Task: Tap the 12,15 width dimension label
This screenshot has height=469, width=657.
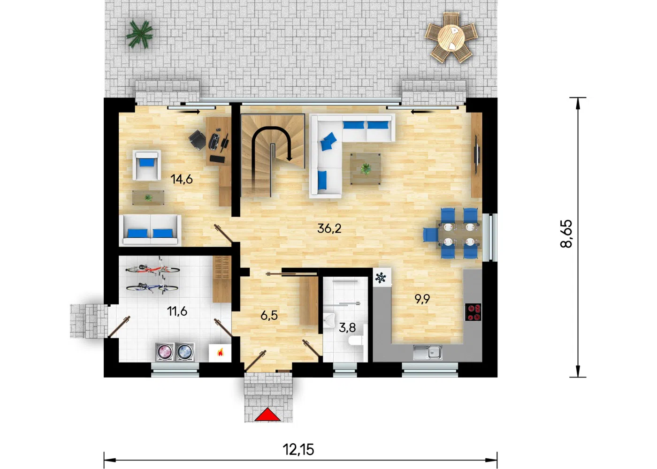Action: tap(298, 449)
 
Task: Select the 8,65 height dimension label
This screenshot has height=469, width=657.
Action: tap(566, 234)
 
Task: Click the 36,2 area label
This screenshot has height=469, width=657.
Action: tap(329, 228)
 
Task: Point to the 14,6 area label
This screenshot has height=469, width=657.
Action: tap(182, 179)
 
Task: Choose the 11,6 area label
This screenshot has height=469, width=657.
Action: tap(177, 311)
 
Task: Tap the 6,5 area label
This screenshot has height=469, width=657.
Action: tap(269, 315)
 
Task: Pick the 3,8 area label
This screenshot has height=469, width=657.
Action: tap(347, 327)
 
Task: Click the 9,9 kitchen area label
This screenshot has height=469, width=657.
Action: tap(422, 299)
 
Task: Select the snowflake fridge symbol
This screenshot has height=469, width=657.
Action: tap(381, 278)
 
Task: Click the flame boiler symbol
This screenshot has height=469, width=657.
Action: tap(220, 352)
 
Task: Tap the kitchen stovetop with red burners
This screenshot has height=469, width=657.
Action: tap(473, 312)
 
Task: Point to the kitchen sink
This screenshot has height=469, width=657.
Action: tap(428, 352)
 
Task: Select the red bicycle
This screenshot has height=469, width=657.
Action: tap(153, 268)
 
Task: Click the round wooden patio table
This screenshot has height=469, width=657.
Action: tap(451, 38)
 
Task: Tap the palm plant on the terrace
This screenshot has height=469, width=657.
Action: tap(139, 34)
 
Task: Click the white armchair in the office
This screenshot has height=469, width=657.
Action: tap(146, 165)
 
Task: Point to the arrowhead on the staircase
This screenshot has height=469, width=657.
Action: tap(289, 159)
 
